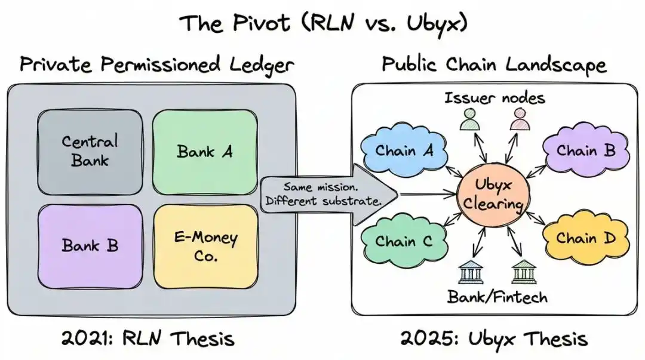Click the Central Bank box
(x=90, y=151)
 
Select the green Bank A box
(x=204, y=151)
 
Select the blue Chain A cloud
(x=404, y=150)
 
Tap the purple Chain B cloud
(x=585, y=150)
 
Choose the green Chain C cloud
(x=404, y=241)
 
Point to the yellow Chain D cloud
(x=585, y=238)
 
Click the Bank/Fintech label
(x=497, y=296)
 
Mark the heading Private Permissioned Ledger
(x=156, y=63)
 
